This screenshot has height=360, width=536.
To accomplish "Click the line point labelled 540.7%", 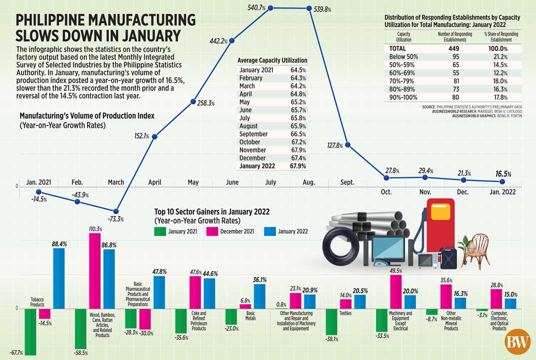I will coord(271,8).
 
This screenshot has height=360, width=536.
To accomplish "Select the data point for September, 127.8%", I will coord(348,145).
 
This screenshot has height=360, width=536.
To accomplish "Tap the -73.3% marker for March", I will coord(116,211).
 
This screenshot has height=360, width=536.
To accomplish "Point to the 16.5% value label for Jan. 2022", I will coord(503,174).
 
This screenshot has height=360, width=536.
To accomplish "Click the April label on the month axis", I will coord(155,182).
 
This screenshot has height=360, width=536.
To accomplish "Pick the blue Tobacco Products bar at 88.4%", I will coord(59,278).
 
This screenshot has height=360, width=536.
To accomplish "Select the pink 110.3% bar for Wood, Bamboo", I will coord(95,270).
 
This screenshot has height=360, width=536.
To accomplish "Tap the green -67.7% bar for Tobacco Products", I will coord(30,331).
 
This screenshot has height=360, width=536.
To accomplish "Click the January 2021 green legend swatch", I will coord(160,231).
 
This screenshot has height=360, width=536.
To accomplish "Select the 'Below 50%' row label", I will coord(403,57).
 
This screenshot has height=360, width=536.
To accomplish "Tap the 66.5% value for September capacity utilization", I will coord(298,134).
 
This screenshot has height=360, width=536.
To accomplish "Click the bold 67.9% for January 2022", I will coord(298,166).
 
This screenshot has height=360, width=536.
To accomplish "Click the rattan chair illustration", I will coord(475,249).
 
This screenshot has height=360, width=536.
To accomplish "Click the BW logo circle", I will coord(517,343).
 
